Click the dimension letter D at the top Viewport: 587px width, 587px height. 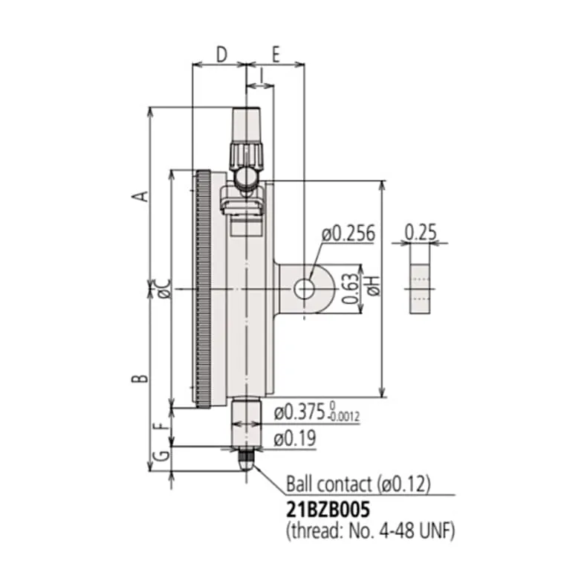pyautogui.click(x=222, y=55)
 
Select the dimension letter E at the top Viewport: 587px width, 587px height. pyautogui.click(x=276, y=55)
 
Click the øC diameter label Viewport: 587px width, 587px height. pyautogui.click(x=164, y=289)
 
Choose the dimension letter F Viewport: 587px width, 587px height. pyautogui.click(x=160, y=426)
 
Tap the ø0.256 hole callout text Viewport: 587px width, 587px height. pyautogui.click(x=348, y=233)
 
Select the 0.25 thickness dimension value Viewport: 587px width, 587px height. pyautogui.click(x=421, y=233)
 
